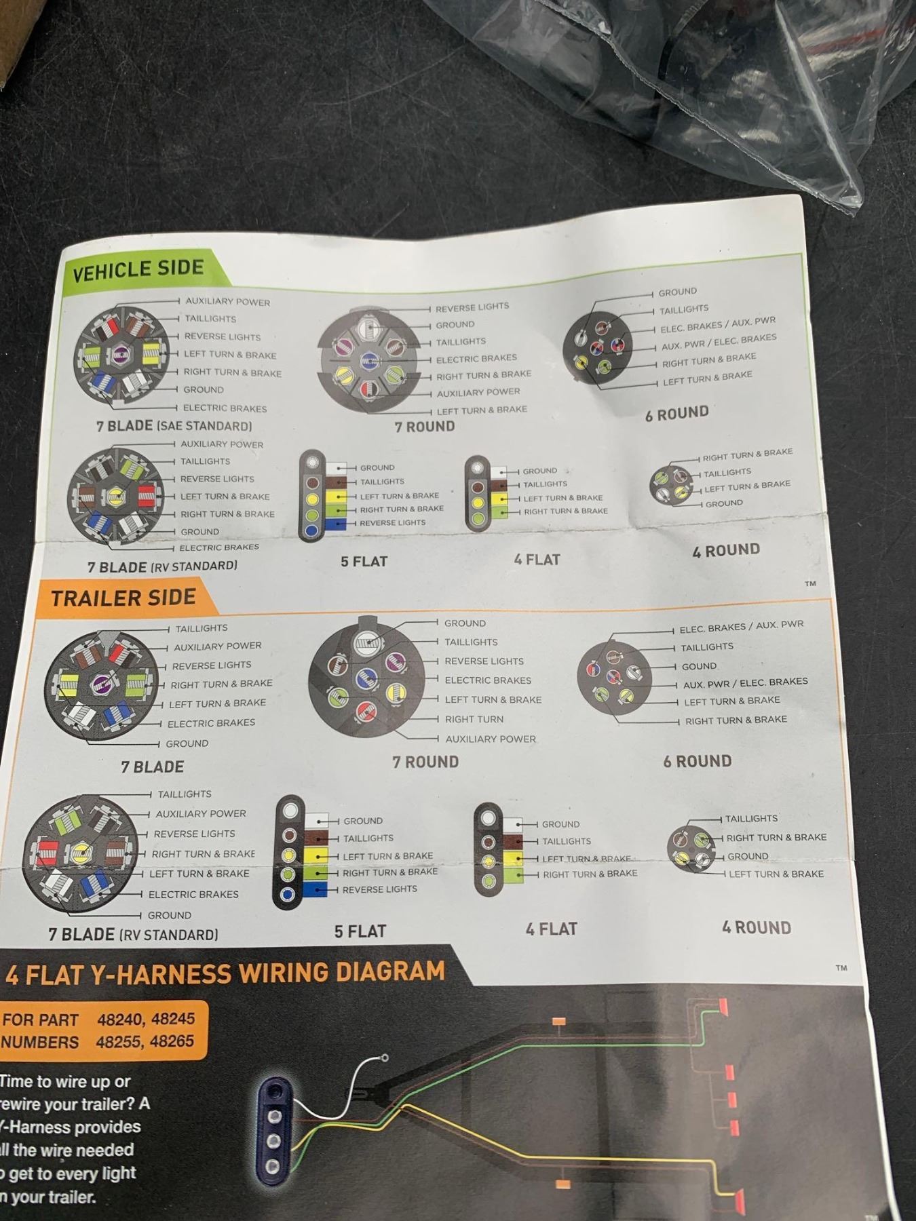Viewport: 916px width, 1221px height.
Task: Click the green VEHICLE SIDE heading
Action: coord(138,269)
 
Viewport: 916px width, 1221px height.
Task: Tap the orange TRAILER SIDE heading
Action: coord(123,598)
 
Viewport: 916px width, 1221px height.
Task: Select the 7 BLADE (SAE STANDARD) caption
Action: coord(174,426)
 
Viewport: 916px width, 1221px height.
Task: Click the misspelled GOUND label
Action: coord(699,666)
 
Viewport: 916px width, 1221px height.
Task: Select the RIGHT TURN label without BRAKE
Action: coord(474,719)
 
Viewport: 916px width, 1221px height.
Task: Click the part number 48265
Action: coord(172,1041)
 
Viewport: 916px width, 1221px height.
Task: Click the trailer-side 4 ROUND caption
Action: coord(757,927)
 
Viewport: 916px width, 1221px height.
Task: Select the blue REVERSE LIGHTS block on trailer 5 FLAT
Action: coord(316,889)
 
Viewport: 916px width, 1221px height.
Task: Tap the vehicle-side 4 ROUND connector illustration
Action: coord(672,484)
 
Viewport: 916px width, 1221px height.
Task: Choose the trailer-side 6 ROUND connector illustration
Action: coord(614,676)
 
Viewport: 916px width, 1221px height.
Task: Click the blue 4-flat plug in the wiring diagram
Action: coord(273,1128)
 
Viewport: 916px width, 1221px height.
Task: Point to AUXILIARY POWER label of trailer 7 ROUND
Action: coord(491,739)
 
